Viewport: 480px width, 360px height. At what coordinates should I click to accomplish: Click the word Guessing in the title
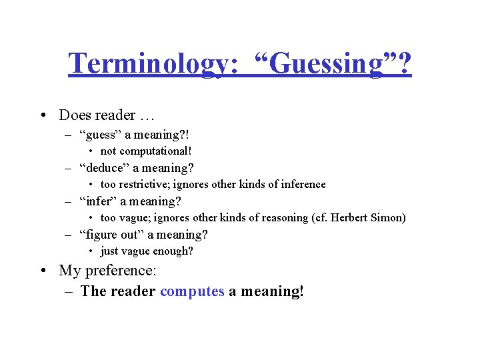(x=330, y=65)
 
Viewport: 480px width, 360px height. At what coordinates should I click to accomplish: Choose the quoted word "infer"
(x=97, y=201)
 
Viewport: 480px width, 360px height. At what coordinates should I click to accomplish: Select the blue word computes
(x=192, y=291)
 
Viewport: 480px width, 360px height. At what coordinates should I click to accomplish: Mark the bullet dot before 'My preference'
(x=43, y=271)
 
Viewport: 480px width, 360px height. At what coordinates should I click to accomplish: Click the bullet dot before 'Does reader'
(x=43, y=115)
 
